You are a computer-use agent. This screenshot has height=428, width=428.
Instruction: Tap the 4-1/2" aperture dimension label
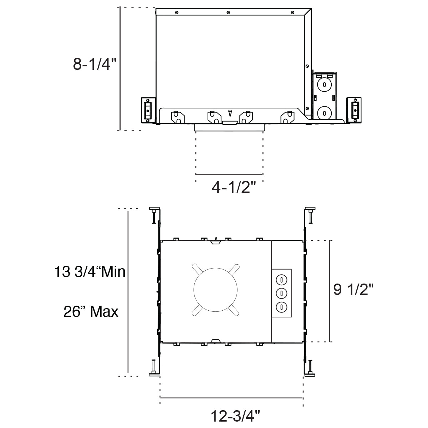[x=234, y=187]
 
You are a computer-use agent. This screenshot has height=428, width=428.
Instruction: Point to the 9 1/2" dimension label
[x=353, y=289]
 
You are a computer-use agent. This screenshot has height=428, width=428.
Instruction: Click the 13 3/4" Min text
[x=90, y=271]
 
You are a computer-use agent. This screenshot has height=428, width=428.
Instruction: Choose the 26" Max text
[x=91, y=311]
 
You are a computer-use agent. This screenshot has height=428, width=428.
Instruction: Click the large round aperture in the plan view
[x=215, y=290]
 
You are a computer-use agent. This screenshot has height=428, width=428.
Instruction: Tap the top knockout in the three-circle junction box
[x=281, y=280]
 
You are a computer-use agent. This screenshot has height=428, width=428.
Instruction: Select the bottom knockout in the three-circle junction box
[x=281, y=307]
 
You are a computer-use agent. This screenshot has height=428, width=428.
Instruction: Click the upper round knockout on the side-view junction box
[x=324, y=85]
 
